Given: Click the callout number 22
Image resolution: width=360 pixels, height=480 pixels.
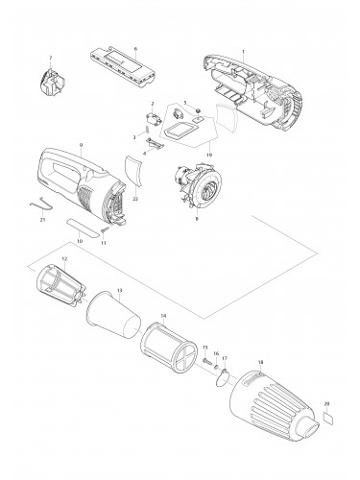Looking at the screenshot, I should pyautogui.click(x=135, y=198).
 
